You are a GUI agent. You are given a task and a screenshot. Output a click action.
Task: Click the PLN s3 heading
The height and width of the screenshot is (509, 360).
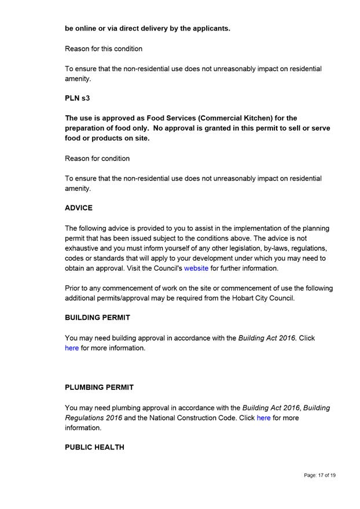[x=77, y=98]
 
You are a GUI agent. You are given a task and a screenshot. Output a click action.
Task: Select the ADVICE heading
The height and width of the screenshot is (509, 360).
[x=79, y=208]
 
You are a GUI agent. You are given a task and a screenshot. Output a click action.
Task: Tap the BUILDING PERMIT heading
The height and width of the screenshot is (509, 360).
[x=98, y=318]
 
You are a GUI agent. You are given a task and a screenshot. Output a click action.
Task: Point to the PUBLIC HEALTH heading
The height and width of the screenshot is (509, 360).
[x=94, y=447]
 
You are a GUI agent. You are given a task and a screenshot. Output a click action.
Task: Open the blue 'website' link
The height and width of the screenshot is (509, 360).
[x=196, y=268]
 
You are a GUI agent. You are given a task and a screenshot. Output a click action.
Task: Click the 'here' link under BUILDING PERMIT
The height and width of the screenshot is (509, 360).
[x=72, y=348]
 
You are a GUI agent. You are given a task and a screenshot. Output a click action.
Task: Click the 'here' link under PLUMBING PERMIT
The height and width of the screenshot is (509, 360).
[x=263, y=418]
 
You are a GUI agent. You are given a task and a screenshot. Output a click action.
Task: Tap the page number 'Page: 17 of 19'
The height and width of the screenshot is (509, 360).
[x=319, y=475]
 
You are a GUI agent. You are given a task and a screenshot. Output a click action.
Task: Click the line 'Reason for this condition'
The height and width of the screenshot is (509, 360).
[x=104, y=49]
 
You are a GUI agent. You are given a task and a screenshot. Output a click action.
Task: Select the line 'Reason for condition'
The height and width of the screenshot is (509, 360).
[x=97, y=158]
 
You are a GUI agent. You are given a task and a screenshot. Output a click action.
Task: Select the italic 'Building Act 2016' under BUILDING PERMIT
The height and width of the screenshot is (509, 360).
[x=267, y=338]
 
